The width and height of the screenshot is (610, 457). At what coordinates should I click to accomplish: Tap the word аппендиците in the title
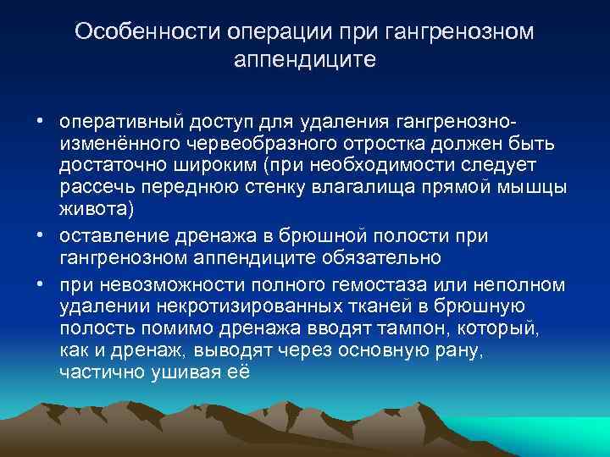[303, 61]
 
